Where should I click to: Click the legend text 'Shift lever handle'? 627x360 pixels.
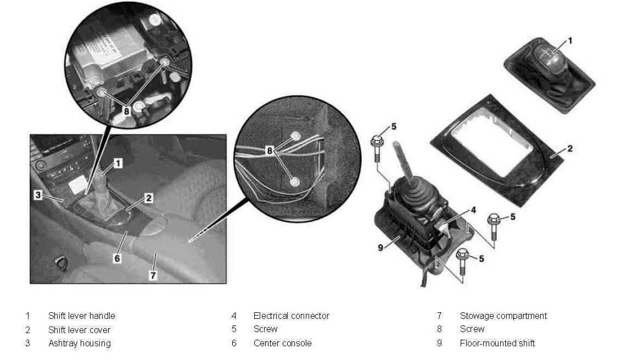click(x=82, y=316)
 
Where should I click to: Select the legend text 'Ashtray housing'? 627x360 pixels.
click(x=80, y=343)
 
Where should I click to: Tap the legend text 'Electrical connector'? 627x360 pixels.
click(x=292, y=316)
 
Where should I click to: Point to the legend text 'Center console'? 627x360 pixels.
click(x=282, y=343)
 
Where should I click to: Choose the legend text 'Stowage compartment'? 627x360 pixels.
click(x=503, y=316)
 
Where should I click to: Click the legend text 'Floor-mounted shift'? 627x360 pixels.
click(x=497, y=343)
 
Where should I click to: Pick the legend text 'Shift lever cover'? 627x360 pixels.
click(x=79, y=330)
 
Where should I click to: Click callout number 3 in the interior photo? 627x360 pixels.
click(x=38, y=195)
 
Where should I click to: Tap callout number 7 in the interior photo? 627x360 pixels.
click(x=153, y=275)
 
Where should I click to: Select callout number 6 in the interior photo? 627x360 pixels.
click(x=117, y=258)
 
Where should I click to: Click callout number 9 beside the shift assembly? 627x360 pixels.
click(x=380, y=248)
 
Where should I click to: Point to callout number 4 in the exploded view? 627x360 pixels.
click(x=473, y=210)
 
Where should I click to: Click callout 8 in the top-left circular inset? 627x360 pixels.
click(x=127, y=111)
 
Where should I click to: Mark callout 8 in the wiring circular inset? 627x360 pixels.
click(x=270, y=150)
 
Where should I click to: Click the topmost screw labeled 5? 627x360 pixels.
click(x=377, y=148)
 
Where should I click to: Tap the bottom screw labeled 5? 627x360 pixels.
click(x=463, y=261)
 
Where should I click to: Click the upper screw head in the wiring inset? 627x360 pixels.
click(x=295, y=136)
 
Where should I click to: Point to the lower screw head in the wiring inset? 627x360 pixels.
click(x=295, y=182)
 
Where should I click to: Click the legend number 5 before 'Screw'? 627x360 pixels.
click(x=234, y=329)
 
